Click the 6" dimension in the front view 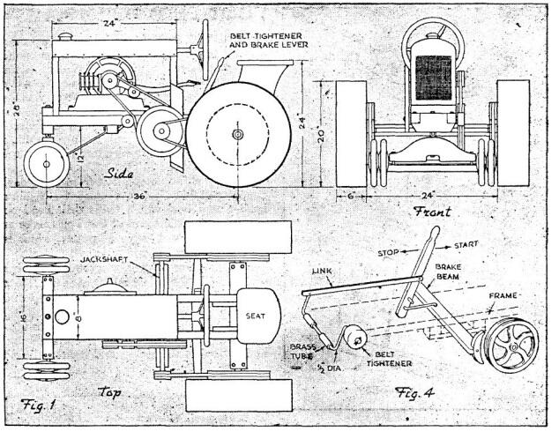click(352, 196)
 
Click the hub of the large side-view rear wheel click(238, 134)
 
